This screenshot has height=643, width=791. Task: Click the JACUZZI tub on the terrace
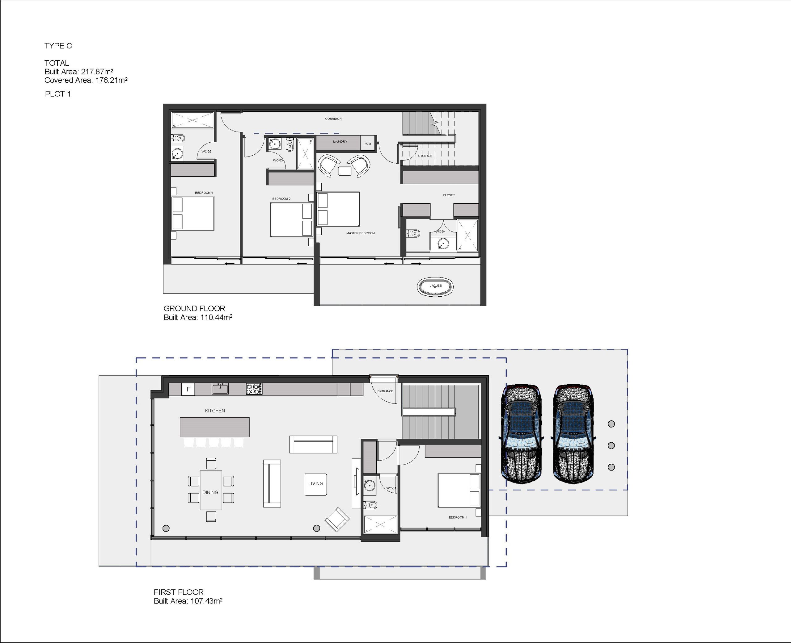pyautogui.click(x=436, y=286)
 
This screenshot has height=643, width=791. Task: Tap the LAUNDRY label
pyautogui.click(x=340, y=141)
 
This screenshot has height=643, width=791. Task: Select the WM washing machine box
pyautogui.click(x=368, y=143)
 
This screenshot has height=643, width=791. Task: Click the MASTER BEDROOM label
pyautogui.click(x=360, y=233)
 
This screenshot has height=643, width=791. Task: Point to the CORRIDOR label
pyautogui.click(x=333, y=119)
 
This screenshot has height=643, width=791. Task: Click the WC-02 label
pyautogui.click(x=206, y=152)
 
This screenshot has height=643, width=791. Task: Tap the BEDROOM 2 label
pyautogui.click(x=281, y=199)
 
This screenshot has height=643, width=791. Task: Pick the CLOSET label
pyautogui.click(x=449, y=195)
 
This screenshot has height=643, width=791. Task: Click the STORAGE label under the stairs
pyautogui.click(x=425, y=156)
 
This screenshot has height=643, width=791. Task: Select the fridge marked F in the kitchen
pyautogui.click(x=188, y=389)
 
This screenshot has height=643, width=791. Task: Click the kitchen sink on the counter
pyautogui.click(x=220, y=389)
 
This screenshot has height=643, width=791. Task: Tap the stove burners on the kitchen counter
pyautogui.click(x=254, y=389)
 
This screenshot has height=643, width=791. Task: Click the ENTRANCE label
pyautogui.click(x=385, y=391)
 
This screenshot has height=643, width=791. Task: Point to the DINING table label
pyautogui.click(x=210, y=492)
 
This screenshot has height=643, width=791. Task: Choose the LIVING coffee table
pyautogui.click(x=316, y=484)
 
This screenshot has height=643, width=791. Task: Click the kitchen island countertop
pyautogui.click(x=215, y=427)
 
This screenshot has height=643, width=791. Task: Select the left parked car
pyautogui.click(x=521, y=434)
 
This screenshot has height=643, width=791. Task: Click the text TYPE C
pyautogui.click(x=58, y=46)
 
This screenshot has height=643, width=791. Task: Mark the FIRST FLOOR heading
pyautogui.click(x=179, y=592)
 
